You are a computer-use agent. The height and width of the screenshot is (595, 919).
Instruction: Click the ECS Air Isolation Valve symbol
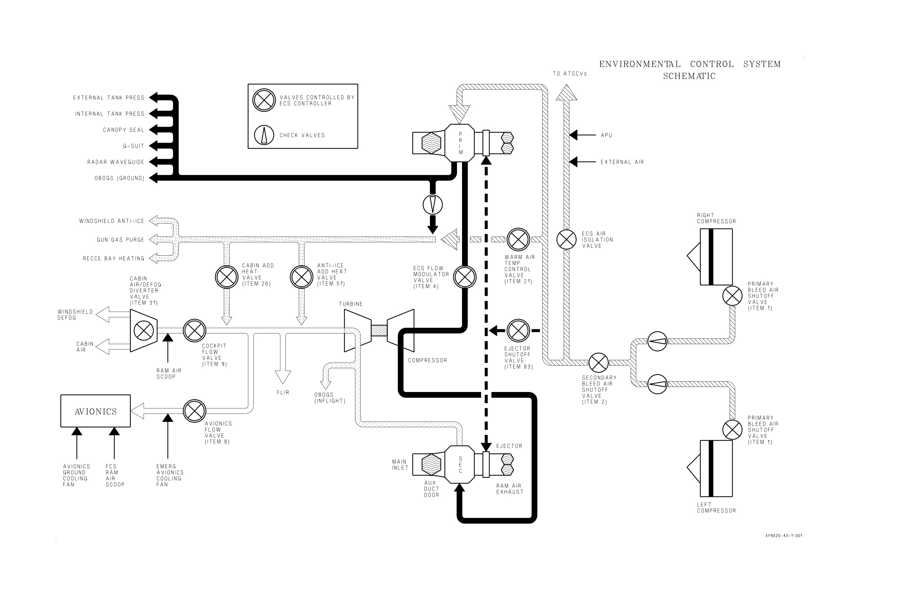coord(567,239)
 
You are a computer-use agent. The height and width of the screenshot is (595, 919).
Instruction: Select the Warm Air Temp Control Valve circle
coord(518,239)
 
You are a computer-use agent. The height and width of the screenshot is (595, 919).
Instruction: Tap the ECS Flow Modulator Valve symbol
coord(465,277)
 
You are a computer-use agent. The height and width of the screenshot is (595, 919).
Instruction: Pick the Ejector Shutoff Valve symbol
coord(518,331)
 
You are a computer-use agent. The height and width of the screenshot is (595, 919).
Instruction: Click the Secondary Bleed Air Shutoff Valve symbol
coord(599,363)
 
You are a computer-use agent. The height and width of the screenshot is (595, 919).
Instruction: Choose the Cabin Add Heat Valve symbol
coord(227,277)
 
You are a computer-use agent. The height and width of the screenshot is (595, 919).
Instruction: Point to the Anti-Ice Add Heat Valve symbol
coord(302,277)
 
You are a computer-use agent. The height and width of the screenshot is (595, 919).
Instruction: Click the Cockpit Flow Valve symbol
coord(194,331)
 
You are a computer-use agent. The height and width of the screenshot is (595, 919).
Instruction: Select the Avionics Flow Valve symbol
coord(194,411)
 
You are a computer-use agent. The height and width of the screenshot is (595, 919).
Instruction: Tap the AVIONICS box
coord(96,411)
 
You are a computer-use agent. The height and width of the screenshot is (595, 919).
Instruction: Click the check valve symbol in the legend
coord(264,135)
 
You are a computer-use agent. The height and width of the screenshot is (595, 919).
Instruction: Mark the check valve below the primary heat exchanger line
coord(432,205)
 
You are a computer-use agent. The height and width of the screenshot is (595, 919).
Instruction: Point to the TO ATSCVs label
coord(569,74)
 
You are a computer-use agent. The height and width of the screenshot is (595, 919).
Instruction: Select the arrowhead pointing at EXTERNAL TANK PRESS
coord(154,98)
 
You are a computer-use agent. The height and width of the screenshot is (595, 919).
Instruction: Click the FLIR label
coord(283,392)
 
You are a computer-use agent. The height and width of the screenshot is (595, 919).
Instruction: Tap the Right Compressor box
coord(716,257)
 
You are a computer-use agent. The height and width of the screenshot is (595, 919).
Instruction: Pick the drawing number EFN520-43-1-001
coord(784,535)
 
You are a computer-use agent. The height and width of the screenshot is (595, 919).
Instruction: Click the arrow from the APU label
coord(583,135)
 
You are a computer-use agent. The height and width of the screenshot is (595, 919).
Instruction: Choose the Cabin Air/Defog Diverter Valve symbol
coord(144,331)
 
